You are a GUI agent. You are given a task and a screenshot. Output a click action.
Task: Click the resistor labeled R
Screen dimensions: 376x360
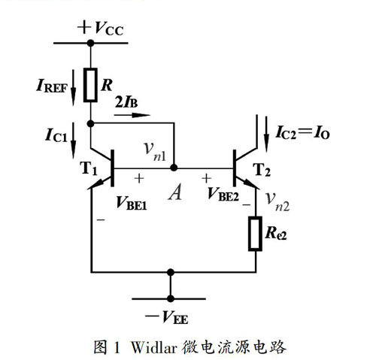(x=90, y=85)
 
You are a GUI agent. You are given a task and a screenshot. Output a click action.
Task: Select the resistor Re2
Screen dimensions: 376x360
(x=256, y=234)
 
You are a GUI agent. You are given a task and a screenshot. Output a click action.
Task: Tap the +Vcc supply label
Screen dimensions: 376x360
(x=101, y=28)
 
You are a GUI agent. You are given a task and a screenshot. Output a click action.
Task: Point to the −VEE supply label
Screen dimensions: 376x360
(x=166, y=316)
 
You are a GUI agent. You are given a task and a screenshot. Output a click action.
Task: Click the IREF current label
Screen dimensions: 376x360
(x=52, y=86)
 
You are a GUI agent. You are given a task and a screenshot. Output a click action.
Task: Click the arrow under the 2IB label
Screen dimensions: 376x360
(x=132, y=115)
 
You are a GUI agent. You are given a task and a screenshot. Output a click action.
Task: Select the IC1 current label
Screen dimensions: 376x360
(x=56, y=135)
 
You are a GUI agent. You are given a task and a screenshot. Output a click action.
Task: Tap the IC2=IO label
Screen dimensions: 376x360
(x=302, y=132)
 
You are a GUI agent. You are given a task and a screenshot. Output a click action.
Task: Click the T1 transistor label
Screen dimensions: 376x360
(x=88, y=168)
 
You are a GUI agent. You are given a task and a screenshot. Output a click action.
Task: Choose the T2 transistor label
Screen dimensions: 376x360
(x=262, y=170)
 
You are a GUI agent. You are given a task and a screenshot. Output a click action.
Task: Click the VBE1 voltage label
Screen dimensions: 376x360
(x=132, y=203)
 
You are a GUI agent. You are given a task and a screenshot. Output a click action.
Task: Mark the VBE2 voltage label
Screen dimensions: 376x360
(x=223, y=194)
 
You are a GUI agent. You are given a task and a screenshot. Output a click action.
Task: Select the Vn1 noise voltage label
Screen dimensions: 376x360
(x=155, y=152)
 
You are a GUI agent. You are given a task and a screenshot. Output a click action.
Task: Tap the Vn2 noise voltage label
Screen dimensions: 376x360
(x=277, y=202)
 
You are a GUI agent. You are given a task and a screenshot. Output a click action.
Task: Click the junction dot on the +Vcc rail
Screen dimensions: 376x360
(x=90, y=43)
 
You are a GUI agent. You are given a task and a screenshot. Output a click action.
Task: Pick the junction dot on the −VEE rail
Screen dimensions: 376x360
(x=171, y=298)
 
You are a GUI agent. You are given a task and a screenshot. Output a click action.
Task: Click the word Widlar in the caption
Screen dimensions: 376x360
(x=154, y=346)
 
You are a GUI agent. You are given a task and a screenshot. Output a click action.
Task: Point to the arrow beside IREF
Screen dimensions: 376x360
(x=73, y=87)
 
